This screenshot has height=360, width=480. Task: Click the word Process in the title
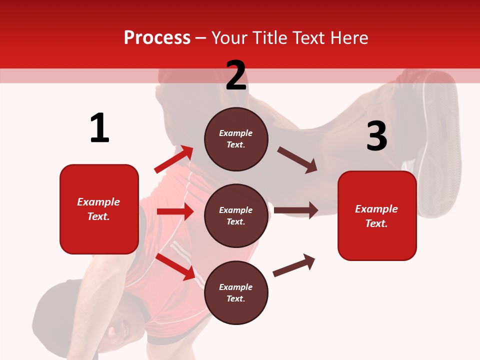157,38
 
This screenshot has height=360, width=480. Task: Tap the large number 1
99,128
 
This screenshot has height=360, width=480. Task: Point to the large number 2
236,75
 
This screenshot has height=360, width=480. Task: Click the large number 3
376,136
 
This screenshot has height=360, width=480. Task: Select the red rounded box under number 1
99,209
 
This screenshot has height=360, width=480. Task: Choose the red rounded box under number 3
377,215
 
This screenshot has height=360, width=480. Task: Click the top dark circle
236,139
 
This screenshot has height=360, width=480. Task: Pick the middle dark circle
236,215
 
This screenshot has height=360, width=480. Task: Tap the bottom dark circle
236,292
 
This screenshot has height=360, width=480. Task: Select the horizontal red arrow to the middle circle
175,211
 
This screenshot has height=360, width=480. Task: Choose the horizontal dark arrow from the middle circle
295,210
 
